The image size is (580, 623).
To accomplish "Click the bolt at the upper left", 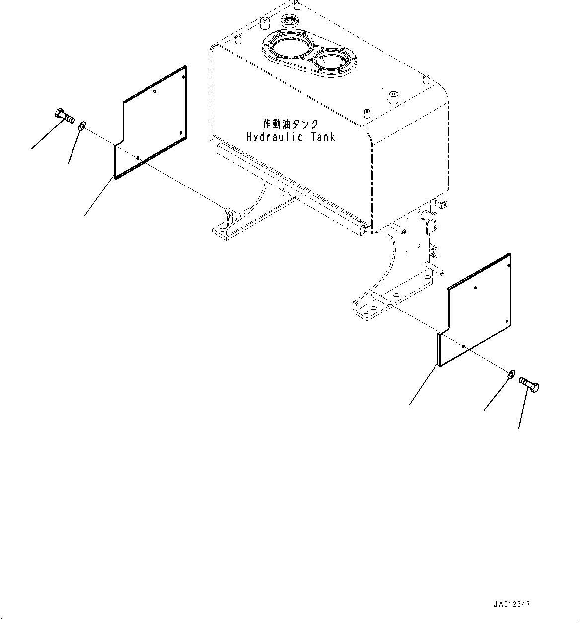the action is click(x=63, y=116).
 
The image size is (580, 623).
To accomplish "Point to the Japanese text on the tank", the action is click(x=290, y=124).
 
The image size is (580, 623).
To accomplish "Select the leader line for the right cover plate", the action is click(x=424, y=385).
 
